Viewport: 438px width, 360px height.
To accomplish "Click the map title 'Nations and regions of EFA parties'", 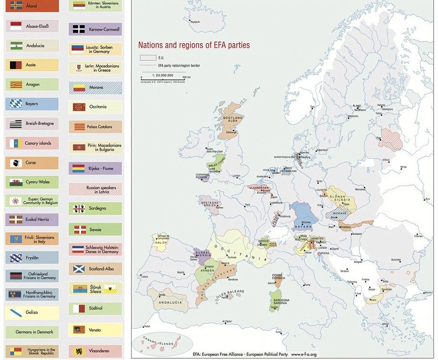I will tap(194, 45).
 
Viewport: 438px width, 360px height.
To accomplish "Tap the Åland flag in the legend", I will tap(16, 6).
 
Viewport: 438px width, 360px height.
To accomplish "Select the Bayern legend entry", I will tap(31, 104).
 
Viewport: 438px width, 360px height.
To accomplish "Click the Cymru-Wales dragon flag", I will tap(16, 182).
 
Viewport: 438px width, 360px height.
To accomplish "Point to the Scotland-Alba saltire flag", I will tap(79, 269).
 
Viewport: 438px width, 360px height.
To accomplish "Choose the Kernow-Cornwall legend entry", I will tap(95, 29).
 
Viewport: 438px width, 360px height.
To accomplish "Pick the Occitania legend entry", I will tap(95, 107).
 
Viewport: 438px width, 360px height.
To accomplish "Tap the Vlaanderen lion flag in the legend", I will tap(79, 351).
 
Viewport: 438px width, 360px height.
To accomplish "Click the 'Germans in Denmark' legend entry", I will tap(31, 332).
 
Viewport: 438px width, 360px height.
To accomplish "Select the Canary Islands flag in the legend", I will tap(16, 143).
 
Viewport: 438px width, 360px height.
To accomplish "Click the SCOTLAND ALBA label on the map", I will tap(233, 120).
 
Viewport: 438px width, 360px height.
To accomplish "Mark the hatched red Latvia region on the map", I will tap(392, 139).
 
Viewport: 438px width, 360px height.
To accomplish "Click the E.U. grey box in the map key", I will tap(148, 58).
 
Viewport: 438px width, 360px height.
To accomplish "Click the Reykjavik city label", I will tap(195, 21).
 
